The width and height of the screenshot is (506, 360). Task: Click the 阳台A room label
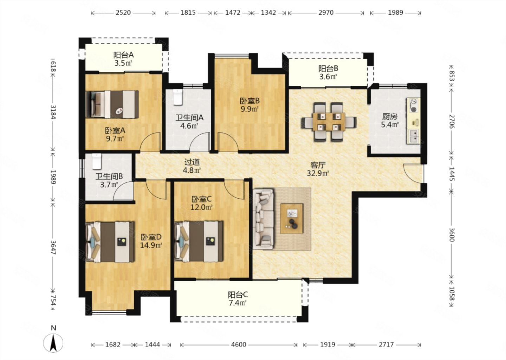point(123,55)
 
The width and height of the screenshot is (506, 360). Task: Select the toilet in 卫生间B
point(97,161)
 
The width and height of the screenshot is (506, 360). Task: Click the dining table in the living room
point(329,122)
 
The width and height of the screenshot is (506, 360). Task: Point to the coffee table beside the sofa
point(292,219)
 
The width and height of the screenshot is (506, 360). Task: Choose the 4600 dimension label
point(239,345)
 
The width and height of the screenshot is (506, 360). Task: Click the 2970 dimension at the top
point(326,13)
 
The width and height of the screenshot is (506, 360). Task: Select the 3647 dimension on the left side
point(53,248)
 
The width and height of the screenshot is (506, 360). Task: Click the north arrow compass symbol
point(53,343)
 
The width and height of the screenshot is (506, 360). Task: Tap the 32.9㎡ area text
point(318,173)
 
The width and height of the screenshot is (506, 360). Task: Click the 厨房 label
point(390,117)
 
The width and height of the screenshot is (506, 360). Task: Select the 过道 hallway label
point(192,162)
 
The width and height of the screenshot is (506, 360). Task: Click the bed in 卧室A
point(112,104)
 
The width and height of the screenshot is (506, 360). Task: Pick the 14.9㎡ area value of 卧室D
point(151,245)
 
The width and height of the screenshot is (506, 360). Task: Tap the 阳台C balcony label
point(238,295)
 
